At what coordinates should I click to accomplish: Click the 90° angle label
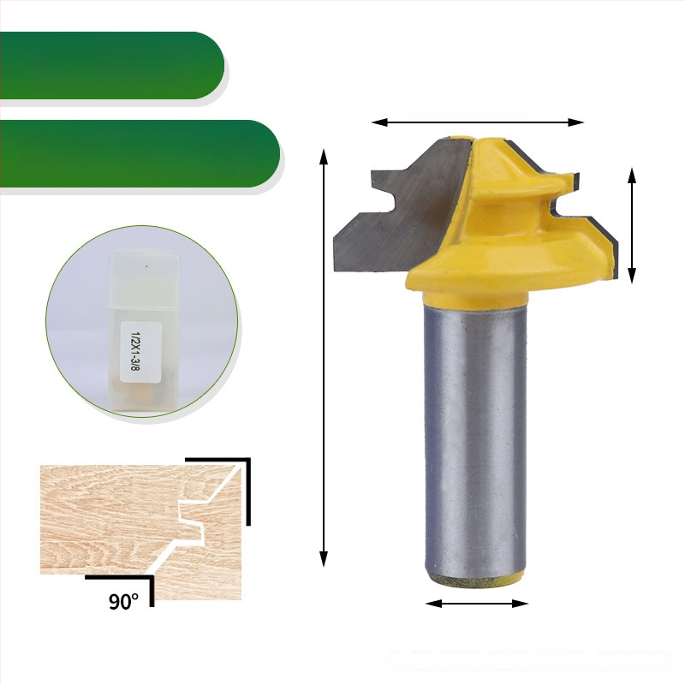[x=123, y=601]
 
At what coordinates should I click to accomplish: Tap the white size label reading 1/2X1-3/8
[x=141, y=352]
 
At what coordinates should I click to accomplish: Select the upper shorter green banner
[x=112, y=66]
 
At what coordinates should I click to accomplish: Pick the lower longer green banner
[x=140, y=154]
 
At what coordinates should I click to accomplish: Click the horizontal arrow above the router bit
[x=478, y=122]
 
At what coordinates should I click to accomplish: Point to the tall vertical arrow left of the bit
[x=324, y=358]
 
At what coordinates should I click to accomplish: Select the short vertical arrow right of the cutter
[x=631, y=225]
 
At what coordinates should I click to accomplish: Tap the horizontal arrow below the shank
[x=477, y=604]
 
